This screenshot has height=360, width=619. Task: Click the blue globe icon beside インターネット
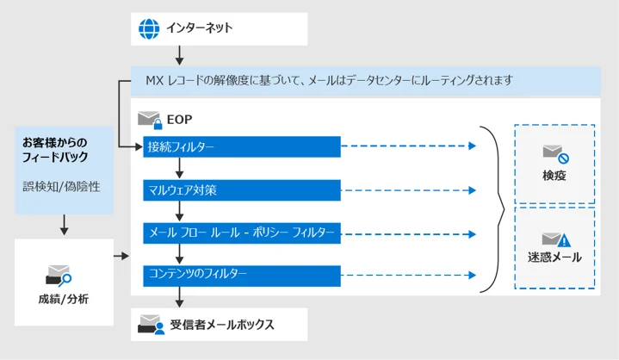[149, 28]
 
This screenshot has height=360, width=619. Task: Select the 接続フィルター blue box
[242, 146]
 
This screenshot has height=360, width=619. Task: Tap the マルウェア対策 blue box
[242, 190]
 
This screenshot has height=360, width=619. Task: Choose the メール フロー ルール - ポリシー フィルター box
[242, 233]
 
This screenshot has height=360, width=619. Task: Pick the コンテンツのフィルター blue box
[242, 276]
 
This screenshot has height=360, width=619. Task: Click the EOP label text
[180, 119]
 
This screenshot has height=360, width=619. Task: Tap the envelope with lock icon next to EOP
[150, 120]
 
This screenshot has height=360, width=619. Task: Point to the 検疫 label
[554, 176]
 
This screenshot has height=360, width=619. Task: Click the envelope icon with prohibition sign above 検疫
[556, 154]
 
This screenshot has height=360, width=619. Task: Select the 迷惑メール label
[554, 258]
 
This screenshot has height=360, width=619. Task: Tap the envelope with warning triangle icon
[556, 239]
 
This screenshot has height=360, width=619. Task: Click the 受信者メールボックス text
[222, 325]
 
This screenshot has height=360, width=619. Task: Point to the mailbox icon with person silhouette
[152, 325]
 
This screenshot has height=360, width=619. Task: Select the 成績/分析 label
[63, 299]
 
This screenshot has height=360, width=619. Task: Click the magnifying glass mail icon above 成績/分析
[59, 276]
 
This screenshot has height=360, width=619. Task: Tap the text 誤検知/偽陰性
[61, 186]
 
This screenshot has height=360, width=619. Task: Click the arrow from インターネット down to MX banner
[180, 55]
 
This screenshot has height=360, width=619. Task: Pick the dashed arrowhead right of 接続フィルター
[472, 146]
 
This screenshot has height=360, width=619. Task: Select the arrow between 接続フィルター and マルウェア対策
[180, 168]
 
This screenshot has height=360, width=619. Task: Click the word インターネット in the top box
[200, 28]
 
